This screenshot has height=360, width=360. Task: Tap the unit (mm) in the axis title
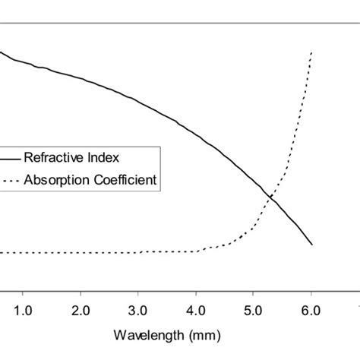point(194,334)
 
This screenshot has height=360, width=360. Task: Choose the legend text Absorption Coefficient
point(90,181)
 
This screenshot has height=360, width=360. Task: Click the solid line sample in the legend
point(9,159)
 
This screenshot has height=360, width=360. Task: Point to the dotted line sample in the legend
point(9,181)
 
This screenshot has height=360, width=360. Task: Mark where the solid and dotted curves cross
point(270,197)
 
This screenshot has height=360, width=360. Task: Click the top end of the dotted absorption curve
point(312,52)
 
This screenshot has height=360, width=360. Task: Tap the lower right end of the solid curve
point(311,245)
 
